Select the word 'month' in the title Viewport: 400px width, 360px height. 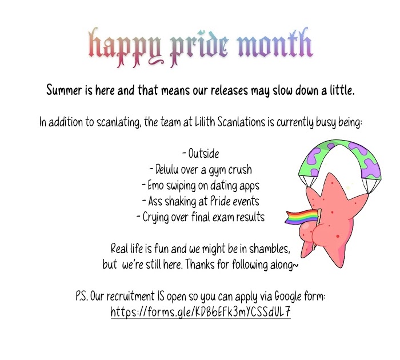[x=275, y=43]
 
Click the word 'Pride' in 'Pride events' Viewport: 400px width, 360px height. [x=221, y=201]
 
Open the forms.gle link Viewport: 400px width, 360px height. [x=201, y=312]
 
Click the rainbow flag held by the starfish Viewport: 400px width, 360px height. [x=302, y=217]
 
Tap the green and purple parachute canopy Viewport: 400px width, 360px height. [x=339, y=158]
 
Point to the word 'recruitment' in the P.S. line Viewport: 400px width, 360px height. [x=130, y=297]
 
